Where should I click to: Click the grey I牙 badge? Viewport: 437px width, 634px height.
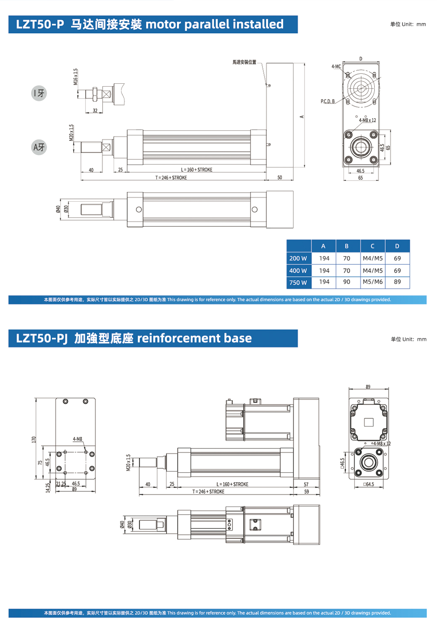point(39,93)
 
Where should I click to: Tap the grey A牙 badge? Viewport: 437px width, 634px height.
point(39,147)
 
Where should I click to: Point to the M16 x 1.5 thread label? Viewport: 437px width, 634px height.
point(76,77)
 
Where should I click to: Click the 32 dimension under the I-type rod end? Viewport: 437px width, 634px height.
point(95,111)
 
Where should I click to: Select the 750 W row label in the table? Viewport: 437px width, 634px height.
point(298,282)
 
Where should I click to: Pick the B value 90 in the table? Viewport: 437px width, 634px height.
point(347,282)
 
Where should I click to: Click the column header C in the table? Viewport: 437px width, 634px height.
point(372,246)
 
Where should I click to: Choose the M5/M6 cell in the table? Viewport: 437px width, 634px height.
point(373,282)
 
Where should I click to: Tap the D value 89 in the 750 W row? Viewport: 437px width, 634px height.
point(397,282)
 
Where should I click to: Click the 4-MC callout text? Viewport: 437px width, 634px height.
point(336,66)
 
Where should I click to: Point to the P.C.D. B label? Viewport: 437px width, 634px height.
point(328,101)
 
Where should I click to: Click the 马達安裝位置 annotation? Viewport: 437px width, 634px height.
point(244,62)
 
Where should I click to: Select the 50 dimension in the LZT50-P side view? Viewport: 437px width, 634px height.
point(280,178)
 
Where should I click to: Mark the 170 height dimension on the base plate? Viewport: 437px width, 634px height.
point(34,439)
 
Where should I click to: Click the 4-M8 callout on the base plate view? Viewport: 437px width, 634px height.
point(77,439)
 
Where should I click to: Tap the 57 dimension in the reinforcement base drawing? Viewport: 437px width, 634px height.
point(306,485)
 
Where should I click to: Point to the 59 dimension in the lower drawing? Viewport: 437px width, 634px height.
point(307,491)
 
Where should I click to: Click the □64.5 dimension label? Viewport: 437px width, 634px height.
point(369,484)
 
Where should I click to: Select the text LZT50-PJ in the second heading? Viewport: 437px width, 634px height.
point(42,338)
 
